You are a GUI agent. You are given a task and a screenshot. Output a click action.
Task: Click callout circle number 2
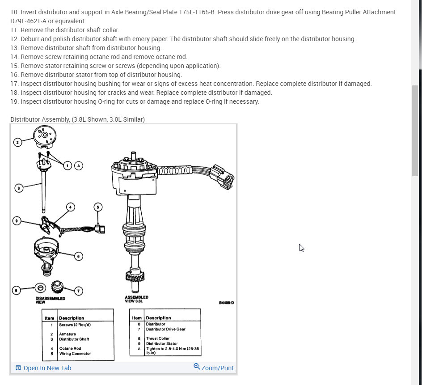point(17,142)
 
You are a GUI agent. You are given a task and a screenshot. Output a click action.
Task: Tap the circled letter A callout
point(79,165)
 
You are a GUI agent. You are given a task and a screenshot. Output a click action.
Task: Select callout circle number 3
point(19,188)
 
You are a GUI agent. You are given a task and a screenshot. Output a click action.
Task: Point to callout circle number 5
point(98,207)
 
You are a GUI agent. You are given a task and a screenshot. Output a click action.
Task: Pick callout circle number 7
point(78,291)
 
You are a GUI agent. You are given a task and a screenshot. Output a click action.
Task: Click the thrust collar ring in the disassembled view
point(40,287)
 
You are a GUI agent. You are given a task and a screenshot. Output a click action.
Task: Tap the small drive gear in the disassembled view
point(57,287)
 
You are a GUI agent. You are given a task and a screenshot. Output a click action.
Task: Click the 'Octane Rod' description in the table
point(70,348)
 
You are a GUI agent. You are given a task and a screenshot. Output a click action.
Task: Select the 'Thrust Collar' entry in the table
point(158,338)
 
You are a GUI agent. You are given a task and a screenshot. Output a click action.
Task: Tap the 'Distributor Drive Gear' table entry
point(165,329)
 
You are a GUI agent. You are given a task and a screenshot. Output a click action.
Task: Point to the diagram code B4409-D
point(226,303)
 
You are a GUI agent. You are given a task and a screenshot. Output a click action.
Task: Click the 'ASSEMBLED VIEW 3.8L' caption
point(137,299)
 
